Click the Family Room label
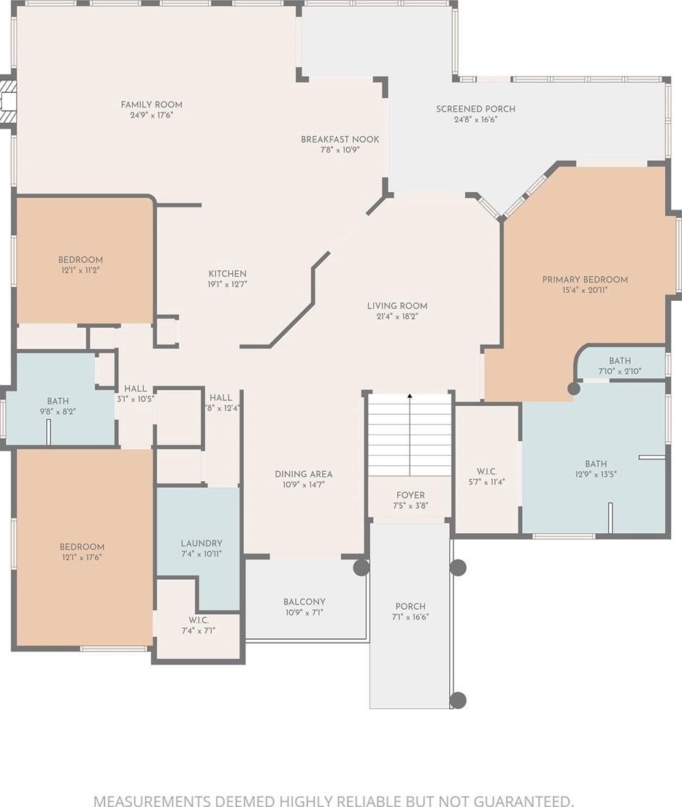[x=151, y=104]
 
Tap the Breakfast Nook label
[x=340, y=139]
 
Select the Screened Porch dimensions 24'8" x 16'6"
[x=475, y=120]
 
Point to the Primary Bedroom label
[x=585, y=280]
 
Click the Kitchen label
[x=228, y=274]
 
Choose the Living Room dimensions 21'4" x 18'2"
[x=396, y=316]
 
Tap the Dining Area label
[x=304, y=474]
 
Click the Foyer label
[x=410, y=495]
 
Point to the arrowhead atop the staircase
[x=410, y=396]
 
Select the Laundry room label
[x=202, y=543]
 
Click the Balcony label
[x=304, y=602]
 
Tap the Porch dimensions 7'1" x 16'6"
[x=410, y=617]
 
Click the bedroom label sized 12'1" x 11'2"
[x=80, y=260]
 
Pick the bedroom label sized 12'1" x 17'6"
[x=82, y=546]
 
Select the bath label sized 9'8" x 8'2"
[x=58, y=401]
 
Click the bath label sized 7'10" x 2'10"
[x=620, y=361]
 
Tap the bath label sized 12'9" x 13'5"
[x=596, y=464]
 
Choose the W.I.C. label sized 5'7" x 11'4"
[x=486, y=472]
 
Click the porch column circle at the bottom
[x=458, y=700]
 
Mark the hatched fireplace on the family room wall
[x=7, y=102]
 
